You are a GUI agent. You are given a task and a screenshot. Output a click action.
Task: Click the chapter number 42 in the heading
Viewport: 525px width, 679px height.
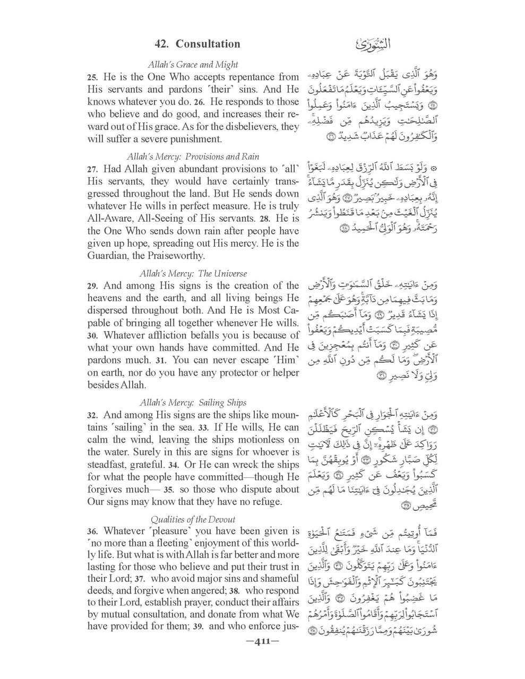(x=161, y=43)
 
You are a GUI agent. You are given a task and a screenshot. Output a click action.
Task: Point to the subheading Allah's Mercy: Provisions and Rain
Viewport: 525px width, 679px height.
(x=193, y=156)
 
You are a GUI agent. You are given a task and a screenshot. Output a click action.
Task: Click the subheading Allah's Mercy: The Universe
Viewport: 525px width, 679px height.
(x=193, y=274)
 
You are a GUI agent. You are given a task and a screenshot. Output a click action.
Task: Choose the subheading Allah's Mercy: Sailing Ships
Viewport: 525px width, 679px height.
(x=193, y=403)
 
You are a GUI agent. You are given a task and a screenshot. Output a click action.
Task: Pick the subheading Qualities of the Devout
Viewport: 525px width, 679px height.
(x=193, y=519)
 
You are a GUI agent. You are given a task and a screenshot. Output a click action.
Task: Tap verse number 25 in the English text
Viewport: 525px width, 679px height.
(x=93, y=77)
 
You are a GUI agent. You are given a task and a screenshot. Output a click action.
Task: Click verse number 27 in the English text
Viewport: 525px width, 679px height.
(x=93, y=170)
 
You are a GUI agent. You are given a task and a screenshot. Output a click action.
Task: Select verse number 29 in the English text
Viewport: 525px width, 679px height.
(x=93, y=286)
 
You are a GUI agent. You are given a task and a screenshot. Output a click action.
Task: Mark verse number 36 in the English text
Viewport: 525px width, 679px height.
(x=93, y=532)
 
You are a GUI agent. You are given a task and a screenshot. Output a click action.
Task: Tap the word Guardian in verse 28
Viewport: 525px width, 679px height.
(x=108, y=256)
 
